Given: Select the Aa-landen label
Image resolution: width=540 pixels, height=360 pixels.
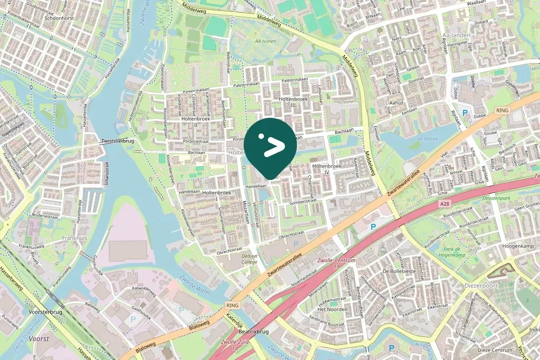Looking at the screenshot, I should [457, 36].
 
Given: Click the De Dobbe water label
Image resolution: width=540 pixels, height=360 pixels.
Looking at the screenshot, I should [428, 139].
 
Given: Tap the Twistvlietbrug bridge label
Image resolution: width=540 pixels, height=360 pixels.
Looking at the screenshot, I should [117, 141].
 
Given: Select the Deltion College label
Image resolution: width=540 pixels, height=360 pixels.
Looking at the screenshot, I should [250, 259].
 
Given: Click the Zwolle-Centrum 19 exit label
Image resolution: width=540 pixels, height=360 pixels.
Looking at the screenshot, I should [337, 263].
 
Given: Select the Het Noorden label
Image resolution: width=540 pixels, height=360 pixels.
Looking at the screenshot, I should [332, 309].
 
